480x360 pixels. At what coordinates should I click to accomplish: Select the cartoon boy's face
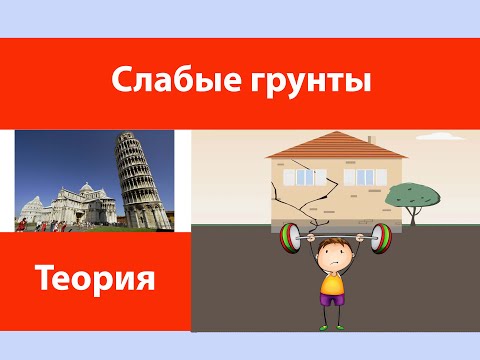(331, 258)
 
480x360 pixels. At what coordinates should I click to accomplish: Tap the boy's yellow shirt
(332, 285)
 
